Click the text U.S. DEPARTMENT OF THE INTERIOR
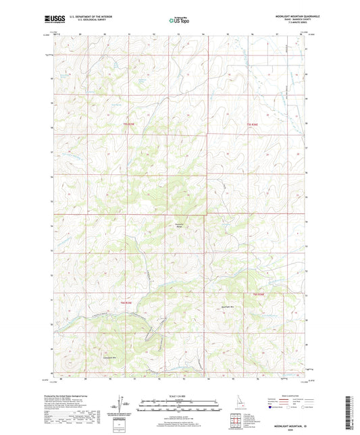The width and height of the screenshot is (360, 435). [86, 16]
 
